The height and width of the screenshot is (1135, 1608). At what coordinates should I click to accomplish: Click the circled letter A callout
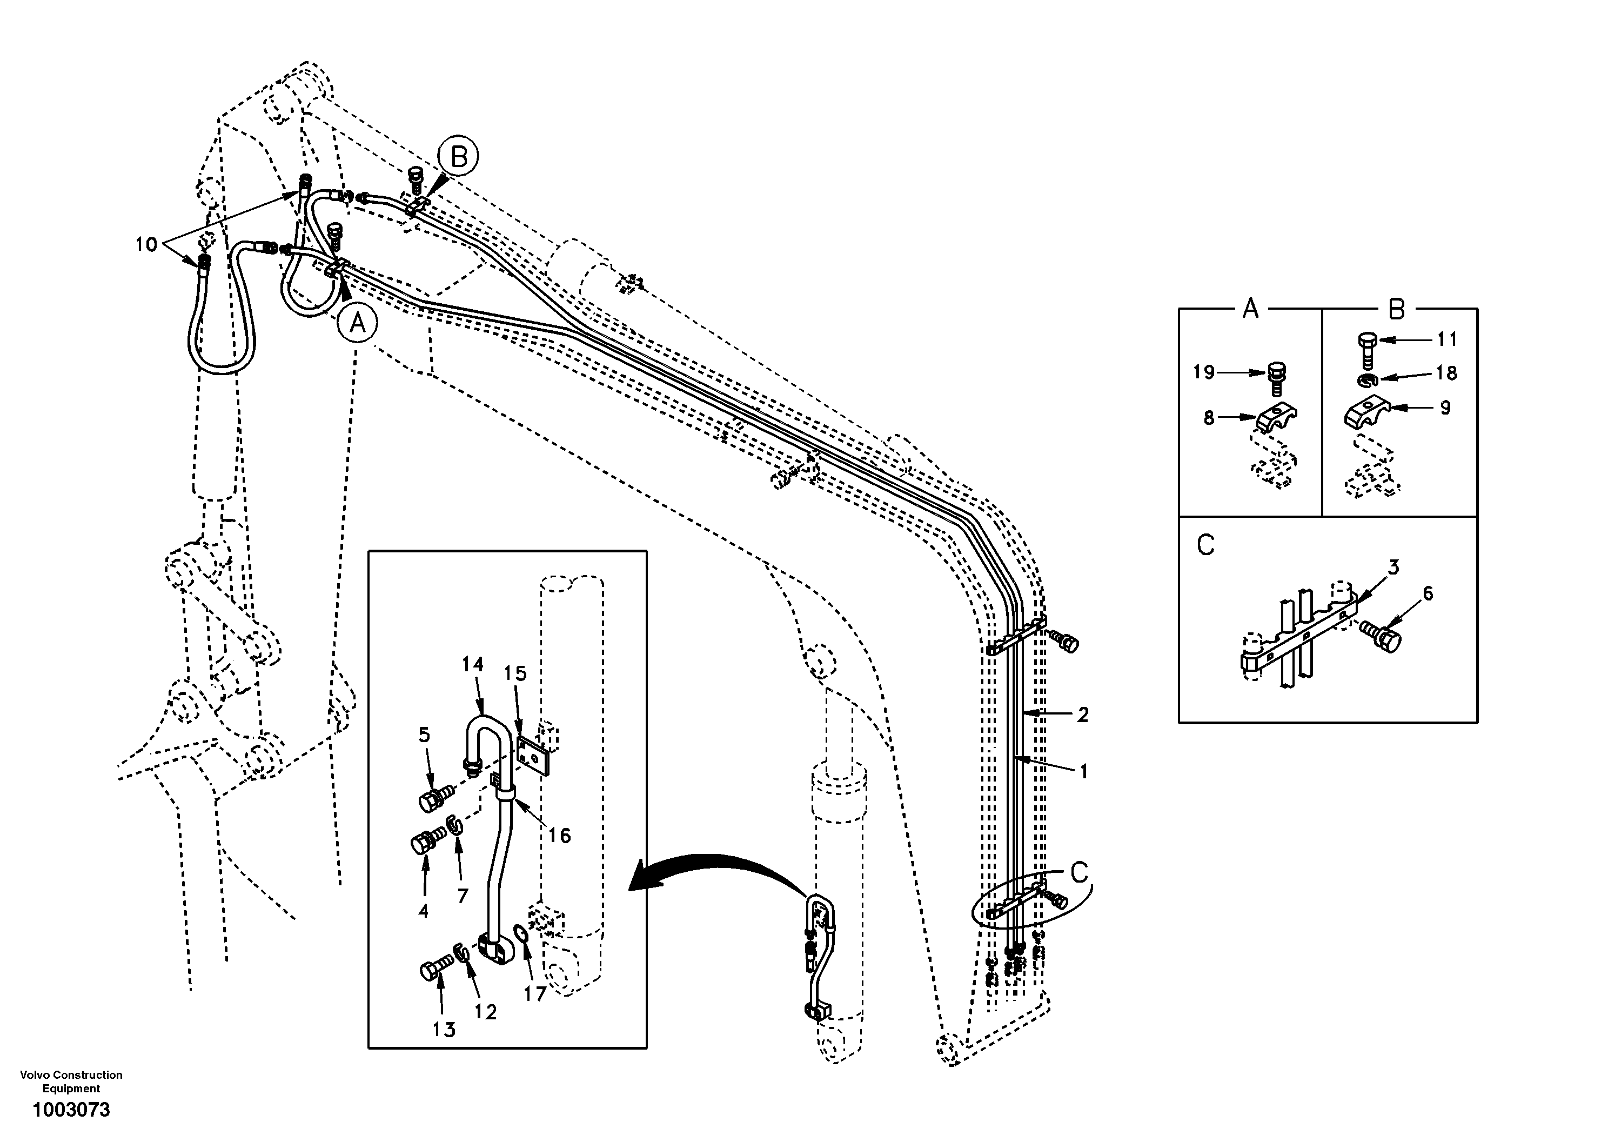(x=357, y=323)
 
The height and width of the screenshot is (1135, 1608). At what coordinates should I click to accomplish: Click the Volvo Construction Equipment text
(x=71, y=1081)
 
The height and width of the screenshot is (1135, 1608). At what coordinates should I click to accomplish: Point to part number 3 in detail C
(x=1393, y=567)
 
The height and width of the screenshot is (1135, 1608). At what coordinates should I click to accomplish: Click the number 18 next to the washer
(x=1446, y=373)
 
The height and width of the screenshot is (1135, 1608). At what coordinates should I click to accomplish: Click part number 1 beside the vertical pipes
(x=1083, y=771)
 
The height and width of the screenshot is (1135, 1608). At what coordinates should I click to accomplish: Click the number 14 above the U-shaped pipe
(x=473, y=664)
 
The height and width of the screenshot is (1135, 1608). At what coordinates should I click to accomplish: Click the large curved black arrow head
(x=641, y=884)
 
